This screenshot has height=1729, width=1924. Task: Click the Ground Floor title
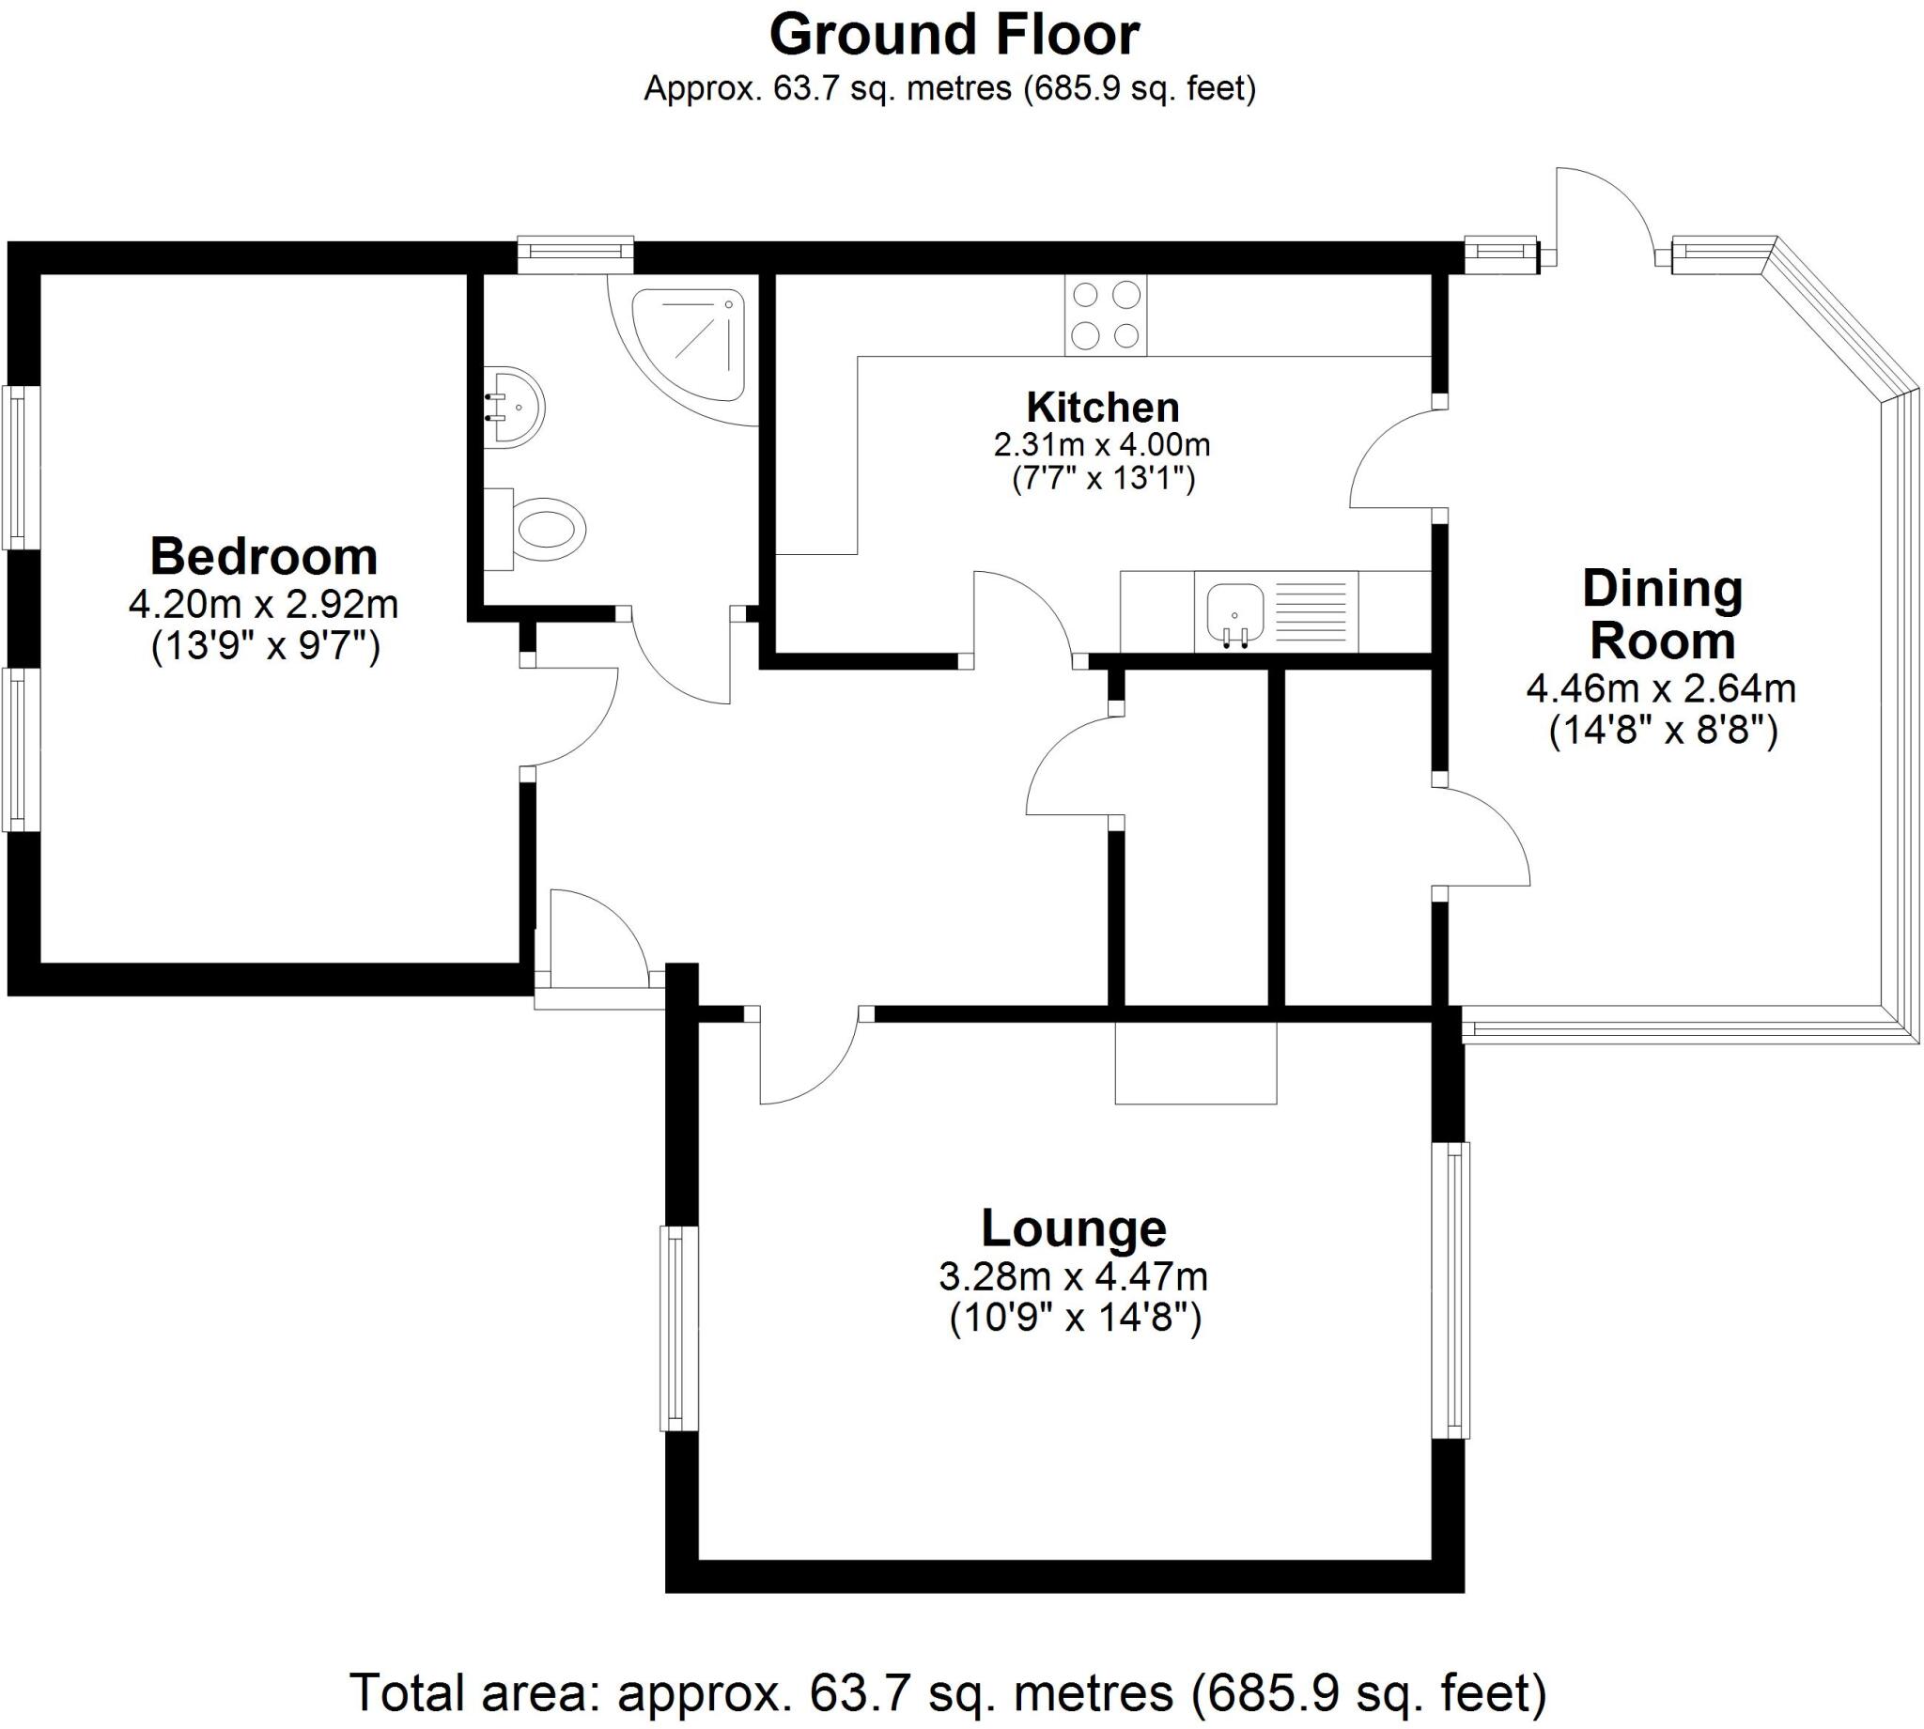tap(953, 36)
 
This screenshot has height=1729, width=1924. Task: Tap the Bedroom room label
tap(263, 558)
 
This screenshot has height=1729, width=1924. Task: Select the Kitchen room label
tap(1102, 408)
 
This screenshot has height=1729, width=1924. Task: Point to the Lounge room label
tap(1073, 1228)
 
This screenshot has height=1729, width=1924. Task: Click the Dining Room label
tap(1662, 614)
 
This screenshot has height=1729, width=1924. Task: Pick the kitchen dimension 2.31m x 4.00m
tap(1102, 443)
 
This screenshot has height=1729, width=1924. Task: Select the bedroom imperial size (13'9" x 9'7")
tap(265, 647)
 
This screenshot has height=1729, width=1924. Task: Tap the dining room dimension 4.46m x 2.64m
tap(1661, 688)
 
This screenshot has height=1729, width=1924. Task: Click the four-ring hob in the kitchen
tap(1106, 316)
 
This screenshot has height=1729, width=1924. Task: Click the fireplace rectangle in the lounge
tap(1195, 1062)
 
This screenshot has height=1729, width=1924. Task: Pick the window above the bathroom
tap(576, 252)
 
